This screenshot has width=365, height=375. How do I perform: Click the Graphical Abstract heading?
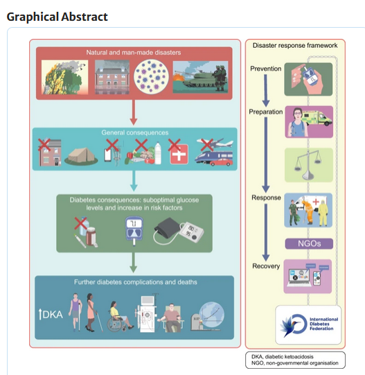pos(57,17)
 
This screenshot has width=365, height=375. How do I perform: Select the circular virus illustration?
pos(151,76)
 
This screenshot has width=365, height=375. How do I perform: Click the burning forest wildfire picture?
pos(65,77)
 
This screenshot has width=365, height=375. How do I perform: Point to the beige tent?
pos(81,156)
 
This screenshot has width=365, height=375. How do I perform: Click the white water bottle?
pos(158,153)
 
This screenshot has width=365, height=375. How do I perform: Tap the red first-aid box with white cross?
pos(179,155)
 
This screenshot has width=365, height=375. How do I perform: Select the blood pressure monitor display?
pos(191,232)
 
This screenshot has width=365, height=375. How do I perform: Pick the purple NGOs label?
pos(309,243)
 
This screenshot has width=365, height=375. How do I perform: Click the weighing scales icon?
pos(308,165)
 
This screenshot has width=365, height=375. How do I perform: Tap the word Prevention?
pos(265,69)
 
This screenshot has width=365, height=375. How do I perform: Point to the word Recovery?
pos(266,266)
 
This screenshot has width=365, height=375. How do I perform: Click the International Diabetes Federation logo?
pos(309,324)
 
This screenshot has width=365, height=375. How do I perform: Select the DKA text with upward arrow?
pos(51,314)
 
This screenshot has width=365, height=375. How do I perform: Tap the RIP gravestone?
pos(196,322)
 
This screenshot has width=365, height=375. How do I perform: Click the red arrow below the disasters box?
pos(134,112)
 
